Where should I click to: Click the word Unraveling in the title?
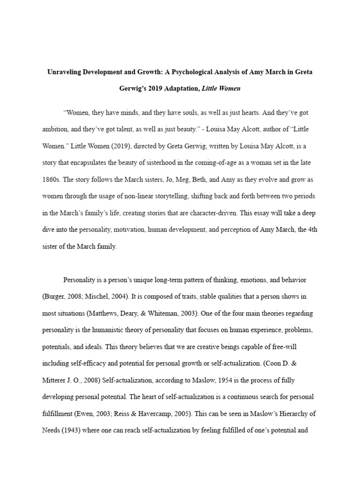pyautogui.click(x=66, y=73)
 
